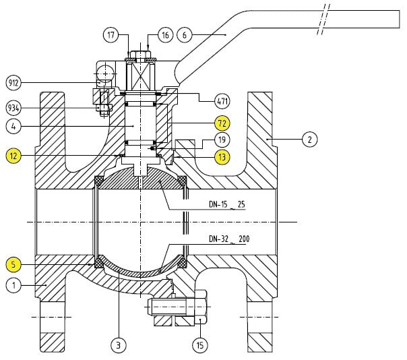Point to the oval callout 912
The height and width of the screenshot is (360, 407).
(13, 83)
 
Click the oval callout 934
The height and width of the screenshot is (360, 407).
(13, 107)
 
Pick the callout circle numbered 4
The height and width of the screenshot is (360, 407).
(13, 125)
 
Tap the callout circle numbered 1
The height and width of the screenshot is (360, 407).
(13, 285)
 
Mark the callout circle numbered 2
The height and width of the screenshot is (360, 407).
(307, 140)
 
